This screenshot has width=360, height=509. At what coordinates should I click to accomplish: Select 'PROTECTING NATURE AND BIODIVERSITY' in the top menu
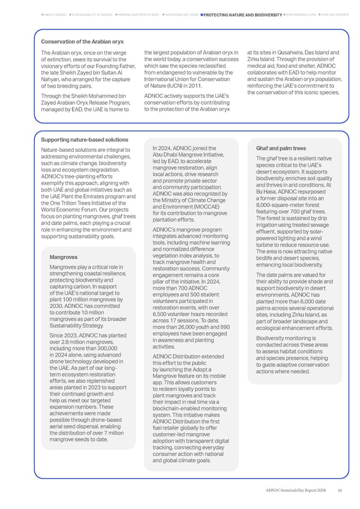coord(243,14)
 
